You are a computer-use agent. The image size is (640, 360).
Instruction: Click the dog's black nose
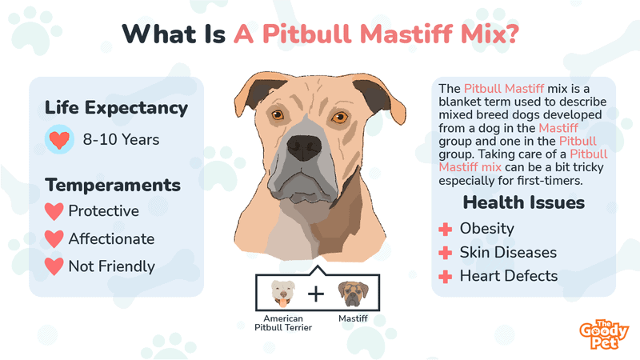303,145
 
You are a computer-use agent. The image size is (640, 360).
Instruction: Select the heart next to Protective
54,211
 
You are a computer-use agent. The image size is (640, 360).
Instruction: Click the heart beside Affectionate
54,238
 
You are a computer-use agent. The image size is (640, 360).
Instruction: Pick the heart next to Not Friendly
54,266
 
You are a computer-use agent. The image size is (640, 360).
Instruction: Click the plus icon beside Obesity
445,229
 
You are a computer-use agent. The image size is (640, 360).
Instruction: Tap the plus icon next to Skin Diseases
445,253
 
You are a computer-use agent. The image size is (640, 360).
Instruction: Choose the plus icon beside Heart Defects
445,277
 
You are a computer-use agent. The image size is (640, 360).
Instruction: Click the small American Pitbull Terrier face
282,293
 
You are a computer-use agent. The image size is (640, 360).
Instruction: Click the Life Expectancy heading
116,108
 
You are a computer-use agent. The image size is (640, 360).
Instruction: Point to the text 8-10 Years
121,140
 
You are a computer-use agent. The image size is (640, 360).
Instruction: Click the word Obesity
486,229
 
